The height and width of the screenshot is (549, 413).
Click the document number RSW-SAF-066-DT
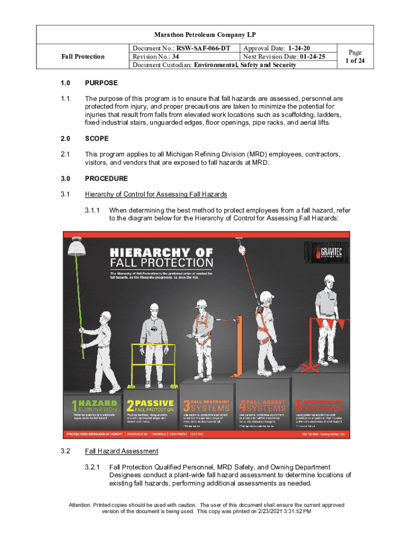pos(204,48)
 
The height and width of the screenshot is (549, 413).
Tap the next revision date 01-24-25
pos(306,56)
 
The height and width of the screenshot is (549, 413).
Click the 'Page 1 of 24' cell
pos(355,56)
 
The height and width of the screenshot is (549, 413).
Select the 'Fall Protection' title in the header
pos(83,56)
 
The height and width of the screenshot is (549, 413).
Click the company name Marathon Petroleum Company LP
pos(205,35)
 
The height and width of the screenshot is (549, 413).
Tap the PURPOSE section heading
pos(101,83)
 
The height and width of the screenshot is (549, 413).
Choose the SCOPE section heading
pos(97,138)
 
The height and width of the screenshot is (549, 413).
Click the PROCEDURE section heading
pos(106,178)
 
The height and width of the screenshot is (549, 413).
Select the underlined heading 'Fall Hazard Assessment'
pos(121,451)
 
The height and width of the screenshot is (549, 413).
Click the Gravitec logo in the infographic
pos(327,252)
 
